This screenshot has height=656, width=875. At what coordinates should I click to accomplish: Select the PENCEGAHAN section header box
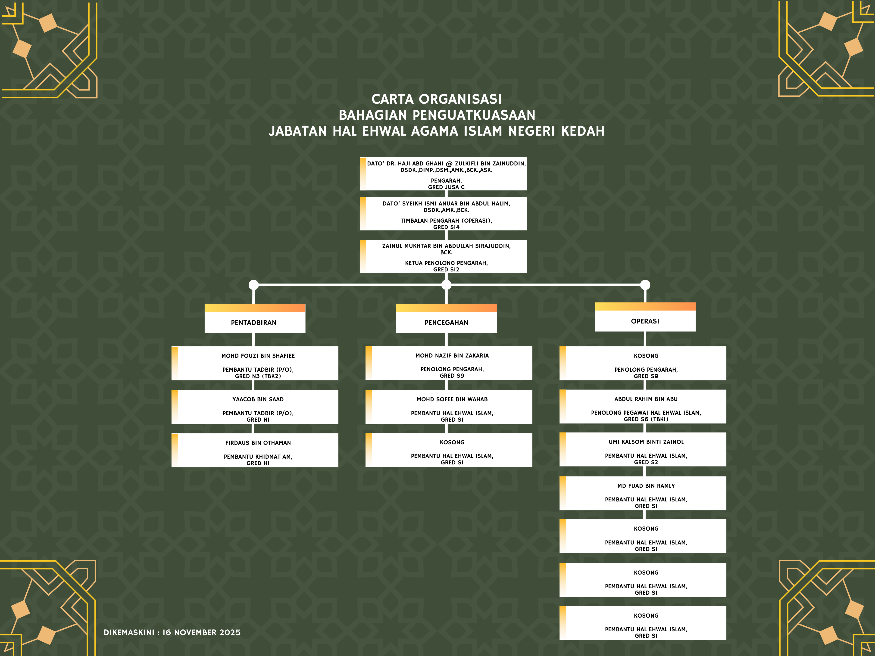point(446,319)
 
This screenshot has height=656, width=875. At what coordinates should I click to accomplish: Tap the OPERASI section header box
point(645,317)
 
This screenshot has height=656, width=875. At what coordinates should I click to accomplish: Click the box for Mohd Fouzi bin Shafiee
point(255,363)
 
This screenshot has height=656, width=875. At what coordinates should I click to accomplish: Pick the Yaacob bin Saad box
point(255,407)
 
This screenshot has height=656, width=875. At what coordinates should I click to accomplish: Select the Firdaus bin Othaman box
point(255,450)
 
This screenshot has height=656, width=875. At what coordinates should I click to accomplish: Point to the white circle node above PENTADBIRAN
point(253,285)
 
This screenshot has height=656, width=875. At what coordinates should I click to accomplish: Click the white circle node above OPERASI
point(645,285)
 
